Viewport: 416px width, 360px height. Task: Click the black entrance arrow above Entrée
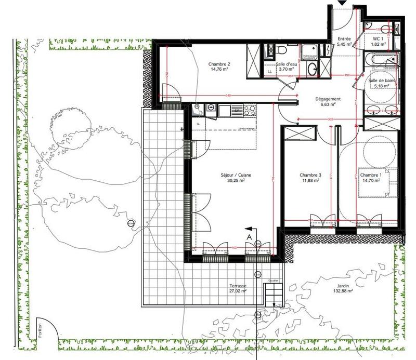342,3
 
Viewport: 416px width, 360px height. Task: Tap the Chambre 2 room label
219,64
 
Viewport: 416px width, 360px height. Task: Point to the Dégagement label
328,99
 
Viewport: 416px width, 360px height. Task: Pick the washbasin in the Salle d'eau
313,70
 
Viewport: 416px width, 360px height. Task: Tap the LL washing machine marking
269,71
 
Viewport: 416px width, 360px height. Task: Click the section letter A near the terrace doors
249,236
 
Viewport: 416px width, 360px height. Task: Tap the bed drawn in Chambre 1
377,182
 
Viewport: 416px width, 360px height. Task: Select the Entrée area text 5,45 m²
344,45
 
